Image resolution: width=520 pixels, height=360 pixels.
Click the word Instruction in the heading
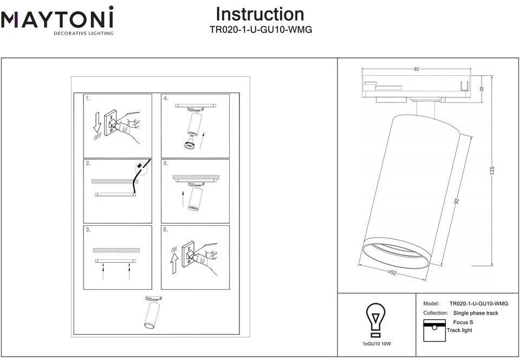[260, 14]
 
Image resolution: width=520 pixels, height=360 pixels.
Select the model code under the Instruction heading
[260, 30]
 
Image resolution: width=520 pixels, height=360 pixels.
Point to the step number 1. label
[88, 99]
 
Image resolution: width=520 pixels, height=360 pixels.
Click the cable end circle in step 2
[140, 168]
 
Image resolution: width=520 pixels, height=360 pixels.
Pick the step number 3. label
[88, 230]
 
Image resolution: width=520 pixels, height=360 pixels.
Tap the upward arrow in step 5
[183, 195]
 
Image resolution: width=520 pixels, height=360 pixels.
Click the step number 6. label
[166, 230]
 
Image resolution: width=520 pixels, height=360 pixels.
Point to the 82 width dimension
[416, 69]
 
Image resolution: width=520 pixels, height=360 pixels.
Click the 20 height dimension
[482, 89]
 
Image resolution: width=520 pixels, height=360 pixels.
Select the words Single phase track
[476, 313]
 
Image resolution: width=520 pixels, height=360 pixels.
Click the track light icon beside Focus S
[434, 331]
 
